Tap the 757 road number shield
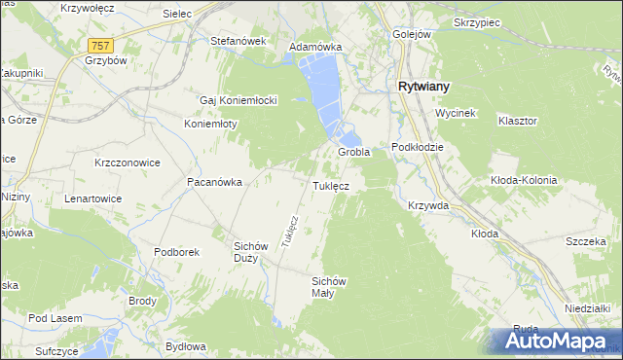click(x=100, y=46)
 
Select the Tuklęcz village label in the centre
click(x=338, y=185)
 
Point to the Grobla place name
click(x=353, y=153)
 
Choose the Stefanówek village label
click(x=238, y=42)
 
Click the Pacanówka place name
click(x=214, y=182)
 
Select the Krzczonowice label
click(x=128, y=162)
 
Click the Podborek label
click(x=176, y=252)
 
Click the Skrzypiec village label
click(x=476, y=21)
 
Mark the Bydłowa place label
click(x=185, y=346)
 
